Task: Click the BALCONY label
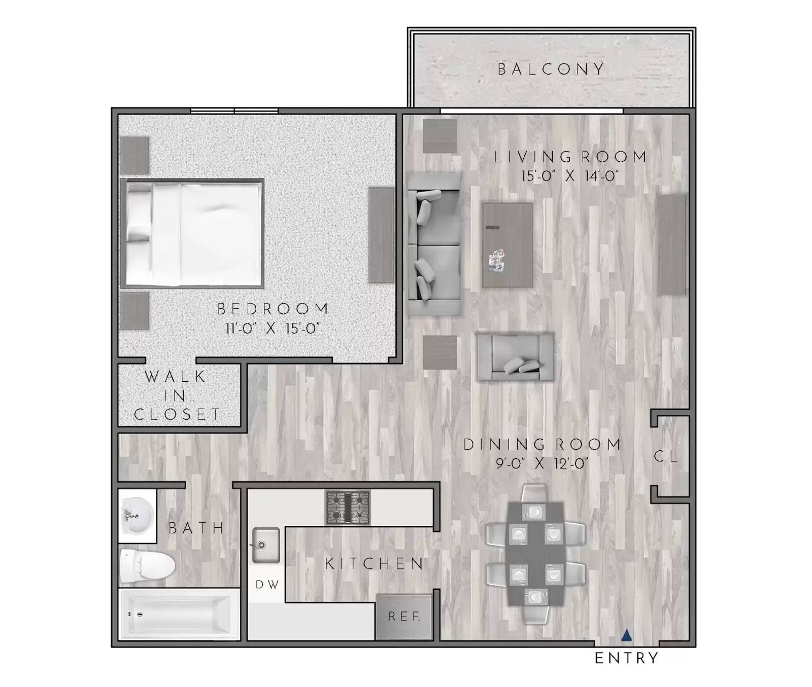coord(551,69)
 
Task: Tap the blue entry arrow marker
coord(627,635)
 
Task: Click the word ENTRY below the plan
coord(626,658)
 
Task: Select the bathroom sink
coord(136,516)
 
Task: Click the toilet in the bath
coord(147,565)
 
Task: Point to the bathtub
coord(178,614)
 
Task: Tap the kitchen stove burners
coord(348,507)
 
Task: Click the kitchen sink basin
coord(265,545)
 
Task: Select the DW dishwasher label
coord(267,585)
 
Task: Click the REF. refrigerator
coord(404,617)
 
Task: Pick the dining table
coord(536,554)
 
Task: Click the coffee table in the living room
coord(507,245)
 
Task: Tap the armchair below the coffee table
coord(515,356)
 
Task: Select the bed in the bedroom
coord(193,233)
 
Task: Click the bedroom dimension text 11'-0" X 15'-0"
coord(273,329)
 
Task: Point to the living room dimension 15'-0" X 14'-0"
coord(570,176)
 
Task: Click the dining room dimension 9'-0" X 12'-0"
coord(542,463)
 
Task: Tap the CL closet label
coord(665,456)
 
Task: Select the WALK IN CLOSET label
coord(177,395)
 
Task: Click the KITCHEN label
coord(374,563)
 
